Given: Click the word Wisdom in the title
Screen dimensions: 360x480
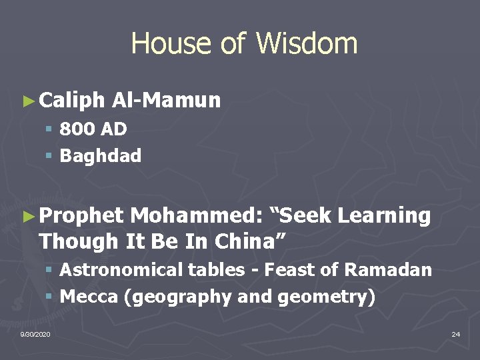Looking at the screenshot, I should point(307,44).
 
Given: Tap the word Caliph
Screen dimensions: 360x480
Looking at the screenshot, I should point(72,101).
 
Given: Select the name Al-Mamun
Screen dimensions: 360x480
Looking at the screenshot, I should point(167,101).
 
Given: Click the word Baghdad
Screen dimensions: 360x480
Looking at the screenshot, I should point(101,156).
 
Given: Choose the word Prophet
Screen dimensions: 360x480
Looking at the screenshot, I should point(81,216).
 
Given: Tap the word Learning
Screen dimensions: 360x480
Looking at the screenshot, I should point(385,216).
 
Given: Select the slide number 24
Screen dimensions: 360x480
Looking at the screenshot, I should point(455,333).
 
